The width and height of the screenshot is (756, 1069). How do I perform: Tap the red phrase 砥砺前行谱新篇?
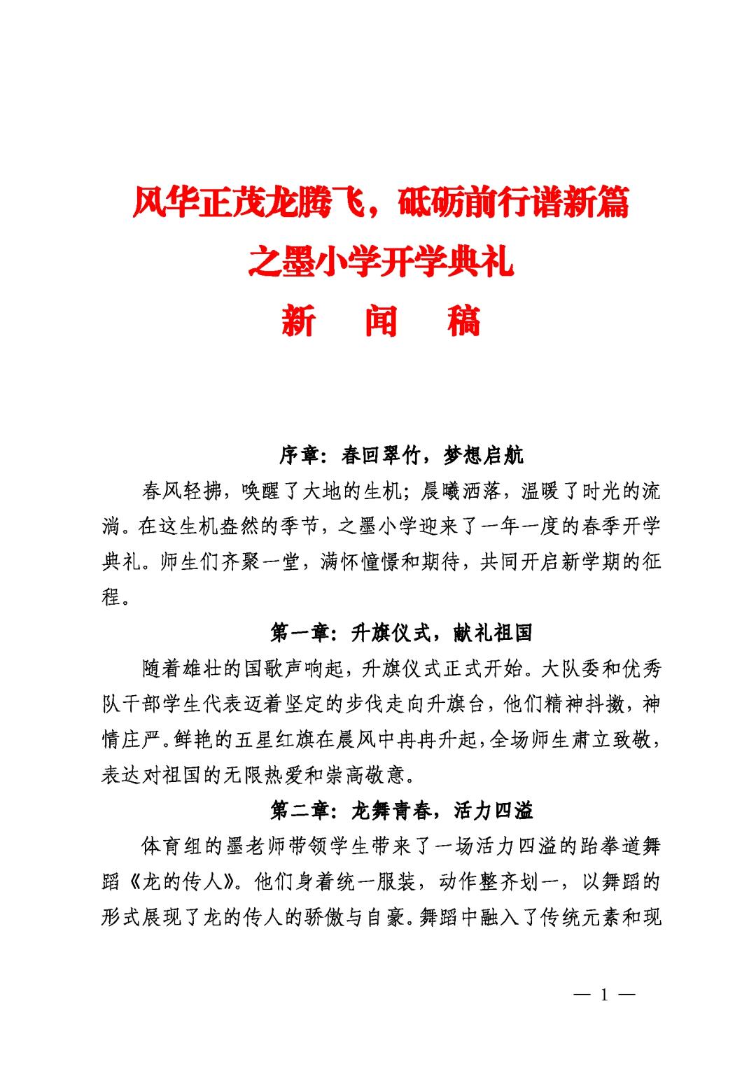coord(513,203)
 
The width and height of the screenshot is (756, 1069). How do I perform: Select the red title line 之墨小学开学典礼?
coord(381,262)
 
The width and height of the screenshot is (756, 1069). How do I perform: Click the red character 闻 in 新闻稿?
coord(381,321)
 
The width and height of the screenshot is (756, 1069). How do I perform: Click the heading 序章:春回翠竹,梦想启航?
coord(401,456)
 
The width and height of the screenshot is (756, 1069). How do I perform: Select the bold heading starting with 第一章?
coord(401,633)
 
